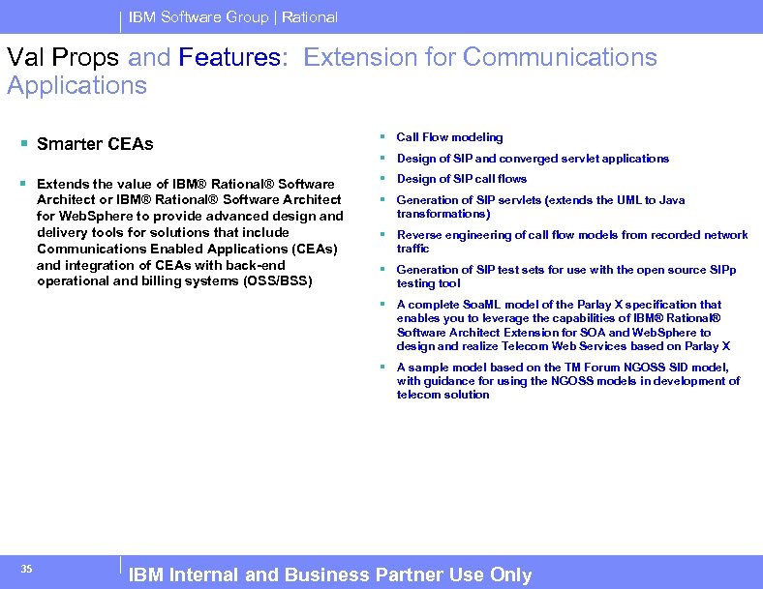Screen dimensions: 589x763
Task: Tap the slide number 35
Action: (27, 569)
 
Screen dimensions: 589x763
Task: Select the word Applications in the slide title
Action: (77, 85)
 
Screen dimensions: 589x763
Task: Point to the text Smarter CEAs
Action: (95, 144)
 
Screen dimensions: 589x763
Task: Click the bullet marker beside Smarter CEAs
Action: (23, 144)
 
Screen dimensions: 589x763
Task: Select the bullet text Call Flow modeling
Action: (449, 137)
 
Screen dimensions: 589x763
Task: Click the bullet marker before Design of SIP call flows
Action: (384, 179)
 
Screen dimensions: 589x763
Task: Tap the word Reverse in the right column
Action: (418, 235)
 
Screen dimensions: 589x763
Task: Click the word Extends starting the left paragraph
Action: (63, 184)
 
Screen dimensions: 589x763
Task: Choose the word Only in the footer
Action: (510, 574)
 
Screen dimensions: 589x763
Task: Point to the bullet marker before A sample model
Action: (384, 368)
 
